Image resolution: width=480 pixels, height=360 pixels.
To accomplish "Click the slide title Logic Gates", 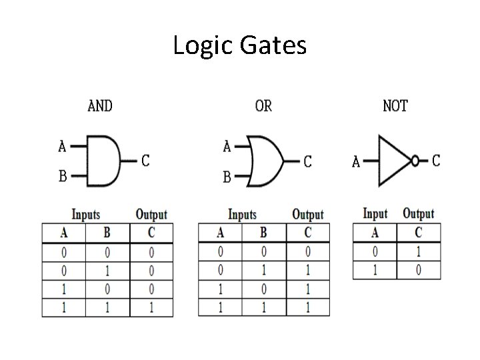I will (x=239, y=46).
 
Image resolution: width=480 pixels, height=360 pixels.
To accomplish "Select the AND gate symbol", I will (x=104, y=161).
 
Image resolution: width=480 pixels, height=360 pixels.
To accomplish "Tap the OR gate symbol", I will (x=265, y=161).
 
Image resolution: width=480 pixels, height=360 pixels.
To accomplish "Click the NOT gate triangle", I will (x=393, y=161).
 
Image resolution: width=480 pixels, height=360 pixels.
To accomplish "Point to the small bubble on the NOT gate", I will (x=415, y=161).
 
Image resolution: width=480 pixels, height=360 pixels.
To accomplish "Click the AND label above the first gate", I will (x=100, y=105).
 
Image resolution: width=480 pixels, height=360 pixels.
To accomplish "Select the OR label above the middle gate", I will (x=263, y=105).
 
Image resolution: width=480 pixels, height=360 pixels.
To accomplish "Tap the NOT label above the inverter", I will (x=395, y=105).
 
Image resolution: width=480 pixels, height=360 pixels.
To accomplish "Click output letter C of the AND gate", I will (x=145, y=161).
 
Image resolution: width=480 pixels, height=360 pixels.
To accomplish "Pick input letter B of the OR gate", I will (x=227, y=177).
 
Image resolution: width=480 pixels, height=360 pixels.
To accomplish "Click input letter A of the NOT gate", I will (x=356, y=161).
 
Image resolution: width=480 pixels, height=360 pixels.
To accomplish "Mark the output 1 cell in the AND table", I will (x=151, y=309).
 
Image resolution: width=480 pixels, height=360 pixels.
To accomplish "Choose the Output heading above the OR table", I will (x=307, y=215).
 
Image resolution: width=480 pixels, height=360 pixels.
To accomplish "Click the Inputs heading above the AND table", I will (x=86, y=215).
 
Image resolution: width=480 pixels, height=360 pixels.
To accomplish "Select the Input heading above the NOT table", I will (x=375, y=214).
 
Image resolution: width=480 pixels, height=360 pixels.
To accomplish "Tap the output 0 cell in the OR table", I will (x=307, y=253).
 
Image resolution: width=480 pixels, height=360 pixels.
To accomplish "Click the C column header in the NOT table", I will (x=418, y=233).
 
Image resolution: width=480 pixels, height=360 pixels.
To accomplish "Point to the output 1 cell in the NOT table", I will (x=418, y=252).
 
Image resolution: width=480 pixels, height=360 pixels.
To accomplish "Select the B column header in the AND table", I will (x=107, y=233).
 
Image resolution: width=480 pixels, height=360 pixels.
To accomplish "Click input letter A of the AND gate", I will (x=62, y=145).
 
